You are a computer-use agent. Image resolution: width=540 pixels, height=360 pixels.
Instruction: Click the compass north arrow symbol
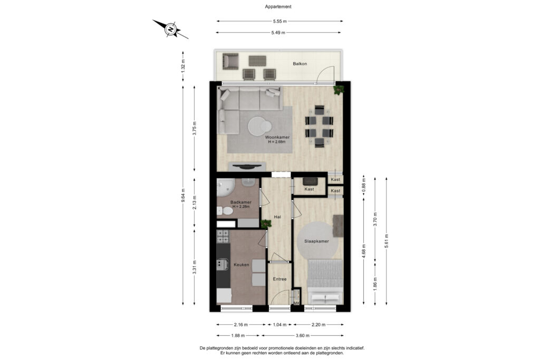170,29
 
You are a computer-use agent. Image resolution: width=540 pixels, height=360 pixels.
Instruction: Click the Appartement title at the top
278,7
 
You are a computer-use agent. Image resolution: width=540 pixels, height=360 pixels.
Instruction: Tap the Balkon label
300,64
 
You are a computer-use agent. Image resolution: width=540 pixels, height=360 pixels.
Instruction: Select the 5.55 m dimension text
279,22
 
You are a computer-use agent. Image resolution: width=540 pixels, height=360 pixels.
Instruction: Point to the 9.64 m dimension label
183,195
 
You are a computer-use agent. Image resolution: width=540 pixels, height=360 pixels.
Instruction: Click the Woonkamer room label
277,138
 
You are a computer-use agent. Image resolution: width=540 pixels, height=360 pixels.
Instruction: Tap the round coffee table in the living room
259,126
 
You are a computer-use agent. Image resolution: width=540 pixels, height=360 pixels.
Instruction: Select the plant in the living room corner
338,90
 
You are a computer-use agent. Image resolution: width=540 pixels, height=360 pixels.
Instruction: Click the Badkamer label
240,202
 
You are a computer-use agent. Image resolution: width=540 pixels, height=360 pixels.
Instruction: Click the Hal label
277,217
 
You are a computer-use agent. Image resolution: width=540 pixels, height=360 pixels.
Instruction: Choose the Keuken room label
242,265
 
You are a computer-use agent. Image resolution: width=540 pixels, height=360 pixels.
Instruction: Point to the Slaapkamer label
316,241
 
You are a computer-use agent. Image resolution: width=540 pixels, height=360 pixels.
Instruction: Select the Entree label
279,279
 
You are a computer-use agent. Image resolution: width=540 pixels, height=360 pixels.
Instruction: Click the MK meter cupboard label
296,303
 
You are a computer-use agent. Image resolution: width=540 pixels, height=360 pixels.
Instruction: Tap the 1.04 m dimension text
279,325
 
